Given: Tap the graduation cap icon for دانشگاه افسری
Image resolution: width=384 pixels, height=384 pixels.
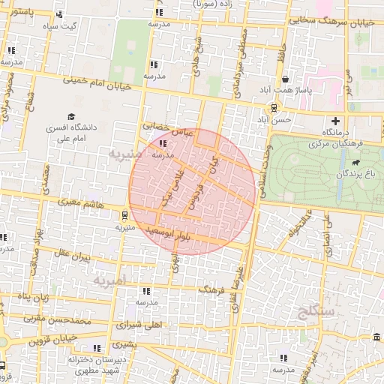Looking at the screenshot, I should pos(71,118).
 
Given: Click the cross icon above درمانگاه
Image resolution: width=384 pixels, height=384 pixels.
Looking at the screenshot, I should pos(335,121).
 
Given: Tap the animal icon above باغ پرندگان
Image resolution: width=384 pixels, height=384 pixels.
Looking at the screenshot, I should pos(353,161).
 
